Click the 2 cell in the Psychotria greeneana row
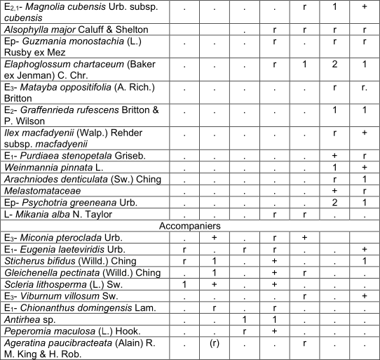pos(335,201)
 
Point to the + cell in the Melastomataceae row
pos(335,189)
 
